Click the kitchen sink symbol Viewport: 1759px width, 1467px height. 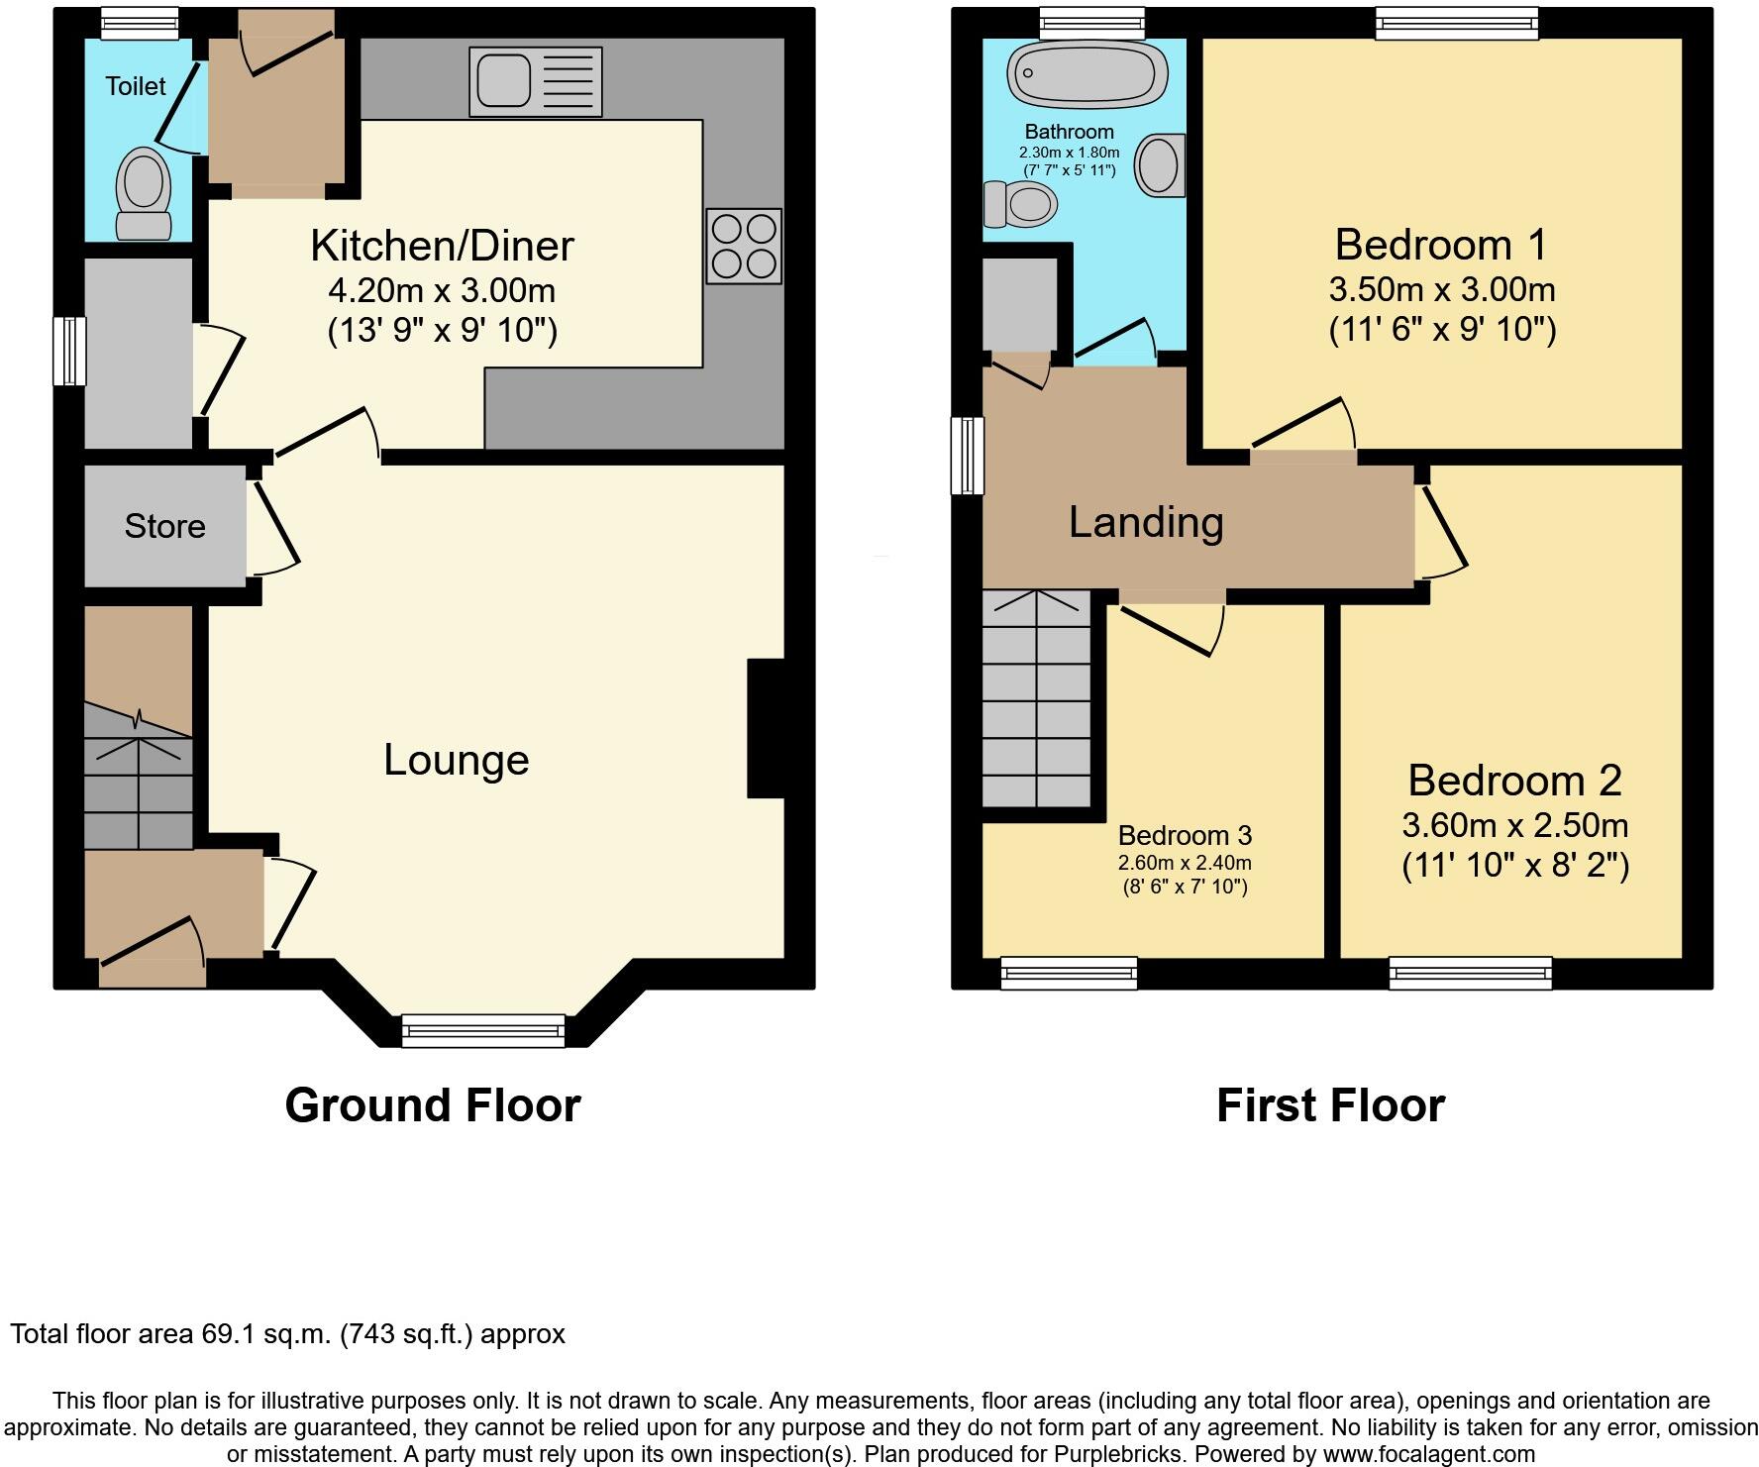(x=536, y=81)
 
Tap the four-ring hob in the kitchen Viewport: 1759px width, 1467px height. (x=744, y=246)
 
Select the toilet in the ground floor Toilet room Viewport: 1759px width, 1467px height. (x=144, y=194)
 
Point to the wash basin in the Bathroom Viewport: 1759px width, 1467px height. (x=1159, y=164)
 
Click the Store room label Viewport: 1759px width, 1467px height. (x=164, y=526)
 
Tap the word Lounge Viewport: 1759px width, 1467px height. (x=457, y=760)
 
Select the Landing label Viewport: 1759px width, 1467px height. (x=1146, y=522)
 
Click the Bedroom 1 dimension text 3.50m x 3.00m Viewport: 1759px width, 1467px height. (x=1441, y=289)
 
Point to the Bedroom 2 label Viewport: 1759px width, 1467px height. (x=1514, y=781)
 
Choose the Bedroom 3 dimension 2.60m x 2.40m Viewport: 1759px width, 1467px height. (x=1185, y=863)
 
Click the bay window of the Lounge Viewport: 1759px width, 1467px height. (x=483, y=1031)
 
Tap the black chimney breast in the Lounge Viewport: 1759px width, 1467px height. (x=765, y=728)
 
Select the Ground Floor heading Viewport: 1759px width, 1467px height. (x=433, y=1105)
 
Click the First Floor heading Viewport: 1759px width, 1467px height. (x=1330, y=1105)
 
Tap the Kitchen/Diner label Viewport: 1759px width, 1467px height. (x=442, y=246)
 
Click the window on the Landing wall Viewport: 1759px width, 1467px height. (x=968, y=456)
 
